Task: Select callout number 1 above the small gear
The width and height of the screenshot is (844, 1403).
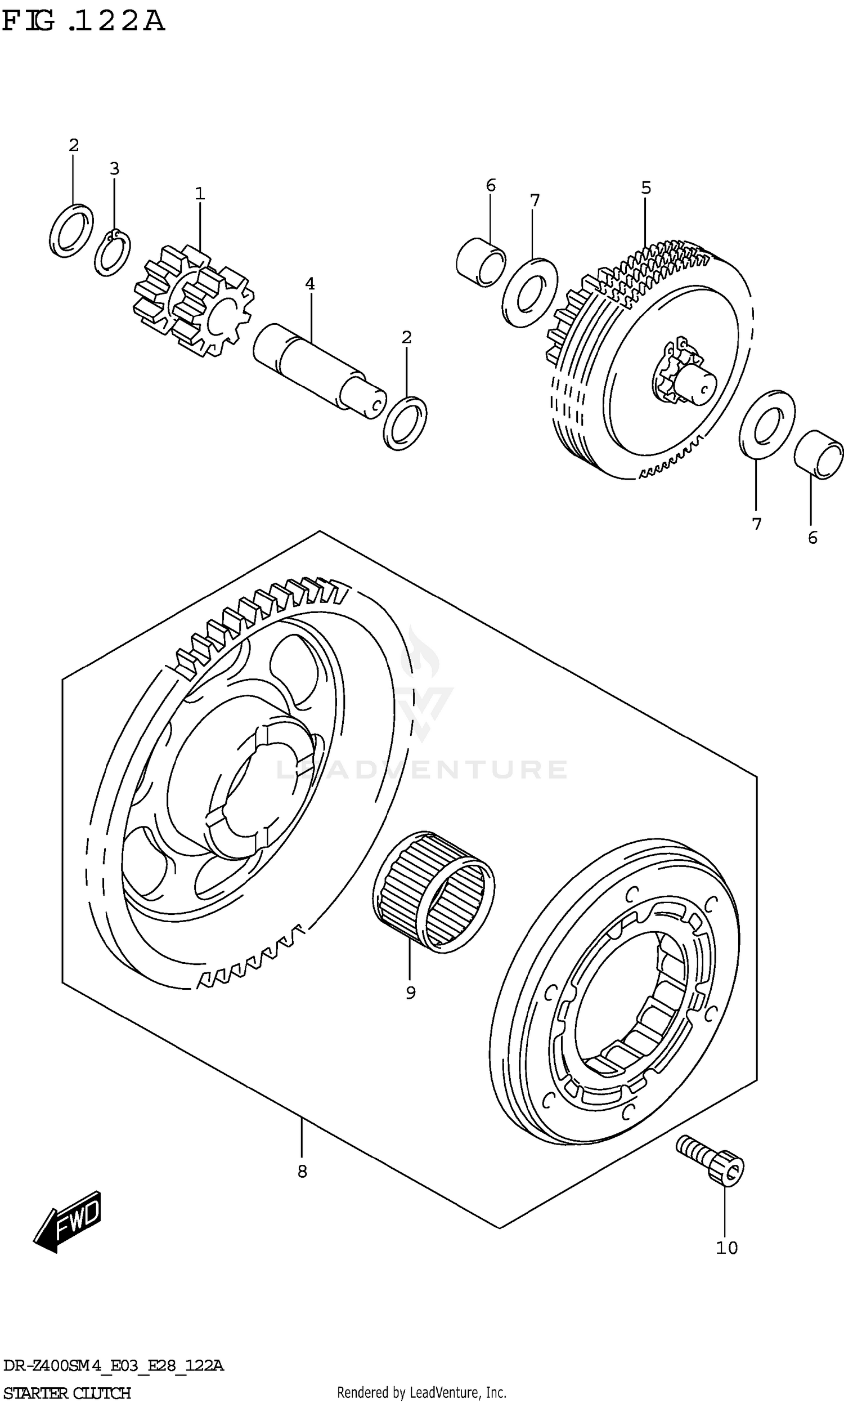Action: [200, 194]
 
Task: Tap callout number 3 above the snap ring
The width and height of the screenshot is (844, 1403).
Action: [114, 168]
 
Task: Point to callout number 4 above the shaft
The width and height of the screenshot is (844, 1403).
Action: [310, 283]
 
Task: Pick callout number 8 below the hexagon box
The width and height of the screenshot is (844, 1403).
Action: [302, 1171]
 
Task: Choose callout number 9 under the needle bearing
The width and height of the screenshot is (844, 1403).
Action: [411, 992]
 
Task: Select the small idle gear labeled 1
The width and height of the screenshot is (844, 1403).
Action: [194, 302]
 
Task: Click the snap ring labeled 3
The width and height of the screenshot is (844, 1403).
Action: [112, 253]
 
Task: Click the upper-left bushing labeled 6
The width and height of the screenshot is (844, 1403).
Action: [481, 263]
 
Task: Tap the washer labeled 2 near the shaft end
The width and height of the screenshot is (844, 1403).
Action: [405, 423]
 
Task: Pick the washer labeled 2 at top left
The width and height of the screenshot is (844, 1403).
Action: [71, 230]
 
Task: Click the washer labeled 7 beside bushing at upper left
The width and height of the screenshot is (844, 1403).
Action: [530, 292]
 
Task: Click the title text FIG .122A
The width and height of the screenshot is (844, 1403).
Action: [84, 21]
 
